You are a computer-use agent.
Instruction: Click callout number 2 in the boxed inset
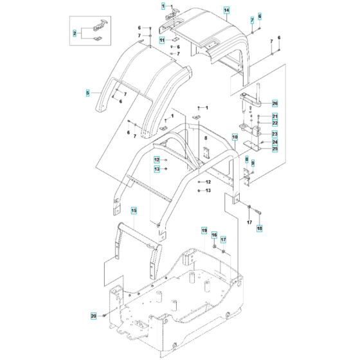[x=74, y=33]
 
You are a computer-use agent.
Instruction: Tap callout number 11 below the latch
[x=162, y=40]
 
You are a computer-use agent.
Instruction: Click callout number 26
[x=274, y=103]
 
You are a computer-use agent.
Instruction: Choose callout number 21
[x=274, y=116]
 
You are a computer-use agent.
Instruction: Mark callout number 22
[x=274, y=123]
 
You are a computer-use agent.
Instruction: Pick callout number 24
[x=274, y=142]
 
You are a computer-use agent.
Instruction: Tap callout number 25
[x=274, y=149]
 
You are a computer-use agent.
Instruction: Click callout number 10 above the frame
[x=235, y=138]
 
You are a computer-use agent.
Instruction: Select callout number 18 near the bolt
[x=260, y=228]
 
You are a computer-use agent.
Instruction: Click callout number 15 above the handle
[x=134, y=210]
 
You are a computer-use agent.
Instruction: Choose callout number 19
[x=204, y=231]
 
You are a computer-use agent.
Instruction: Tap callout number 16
[x=215, y=235]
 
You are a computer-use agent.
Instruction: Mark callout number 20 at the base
[x=93, y=316]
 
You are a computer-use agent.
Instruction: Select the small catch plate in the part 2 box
[x=96, y=39]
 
